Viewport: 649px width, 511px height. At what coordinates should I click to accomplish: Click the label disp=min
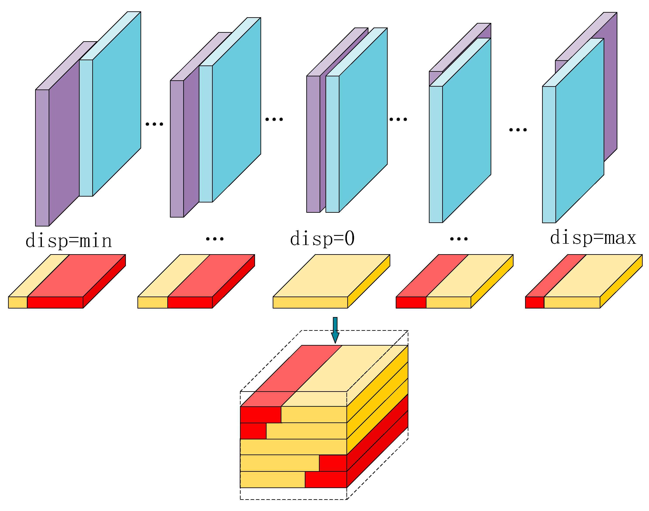click(x=69, y=241)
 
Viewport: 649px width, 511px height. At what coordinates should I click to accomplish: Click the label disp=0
click(x=322, y=239)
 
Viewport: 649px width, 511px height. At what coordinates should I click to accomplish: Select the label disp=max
click(x=593, y=238)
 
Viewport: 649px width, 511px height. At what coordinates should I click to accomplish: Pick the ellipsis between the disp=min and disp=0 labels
click(x=215, y=239)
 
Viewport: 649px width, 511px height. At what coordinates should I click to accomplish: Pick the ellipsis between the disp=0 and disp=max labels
click(x=459, y=239)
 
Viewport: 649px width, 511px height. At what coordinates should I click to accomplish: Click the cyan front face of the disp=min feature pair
click(x=117, y=105)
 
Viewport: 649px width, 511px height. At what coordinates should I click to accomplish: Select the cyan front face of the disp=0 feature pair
click(x=363, y=120)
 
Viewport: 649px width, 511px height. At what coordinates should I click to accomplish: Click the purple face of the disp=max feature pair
click(x=610, y=90)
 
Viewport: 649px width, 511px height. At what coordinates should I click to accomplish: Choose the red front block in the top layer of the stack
click(x=260, y=414)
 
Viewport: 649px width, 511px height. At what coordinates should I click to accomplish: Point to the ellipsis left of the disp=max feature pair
click(x=518, y=130)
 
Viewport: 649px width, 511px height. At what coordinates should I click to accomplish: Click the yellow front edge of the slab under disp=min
click(x=18, y=302)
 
